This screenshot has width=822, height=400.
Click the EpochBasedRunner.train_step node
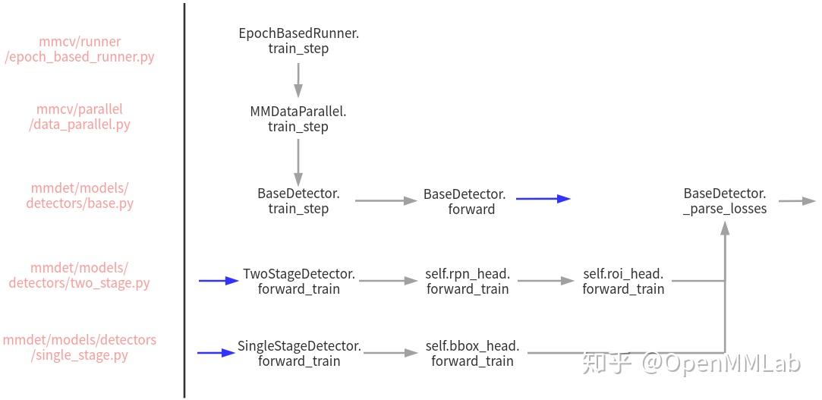click(x=298, y=41)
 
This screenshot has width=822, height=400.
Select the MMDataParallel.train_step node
click(x=298, y=119)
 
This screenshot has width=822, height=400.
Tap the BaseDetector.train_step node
click(x=298, y=201)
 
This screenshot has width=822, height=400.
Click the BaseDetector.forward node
click(x=465, y=201)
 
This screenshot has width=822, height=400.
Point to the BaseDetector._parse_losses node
click(x=725, y=200)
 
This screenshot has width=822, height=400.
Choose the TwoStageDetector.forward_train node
click(x=299, y=281)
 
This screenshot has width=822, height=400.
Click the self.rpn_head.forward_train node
click(x=468, y=281)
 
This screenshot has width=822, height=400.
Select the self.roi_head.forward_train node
click(x=623, y=281)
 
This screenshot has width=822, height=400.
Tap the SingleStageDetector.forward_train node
click(x=299, y=353)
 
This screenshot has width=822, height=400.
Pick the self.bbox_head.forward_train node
click(x=472, y=353)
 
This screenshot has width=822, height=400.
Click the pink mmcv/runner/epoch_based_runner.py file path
click(x=80, y=49)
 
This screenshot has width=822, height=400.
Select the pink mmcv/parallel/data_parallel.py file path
click(x=80, y=117)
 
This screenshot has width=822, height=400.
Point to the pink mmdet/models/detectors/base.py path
click(x=80, y=195)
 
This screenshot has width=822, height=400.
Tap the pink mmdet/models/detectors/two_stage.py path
click(x=80, y=275)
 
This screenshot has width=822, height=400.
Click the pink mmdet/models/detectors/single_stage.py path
click(x=80, y=347)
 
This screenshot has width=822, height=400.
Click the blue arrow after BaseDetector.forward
click(x=543, y=199)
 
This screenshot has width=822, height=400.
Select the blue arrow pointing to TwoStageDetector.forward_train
click(x=219, y=281)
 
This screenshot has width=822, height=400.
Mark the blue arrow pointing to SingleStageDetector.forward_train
click(x=216, y=353)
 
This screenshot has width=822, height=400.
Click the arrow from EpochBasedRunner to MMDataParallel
click(x=298, y=80)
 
